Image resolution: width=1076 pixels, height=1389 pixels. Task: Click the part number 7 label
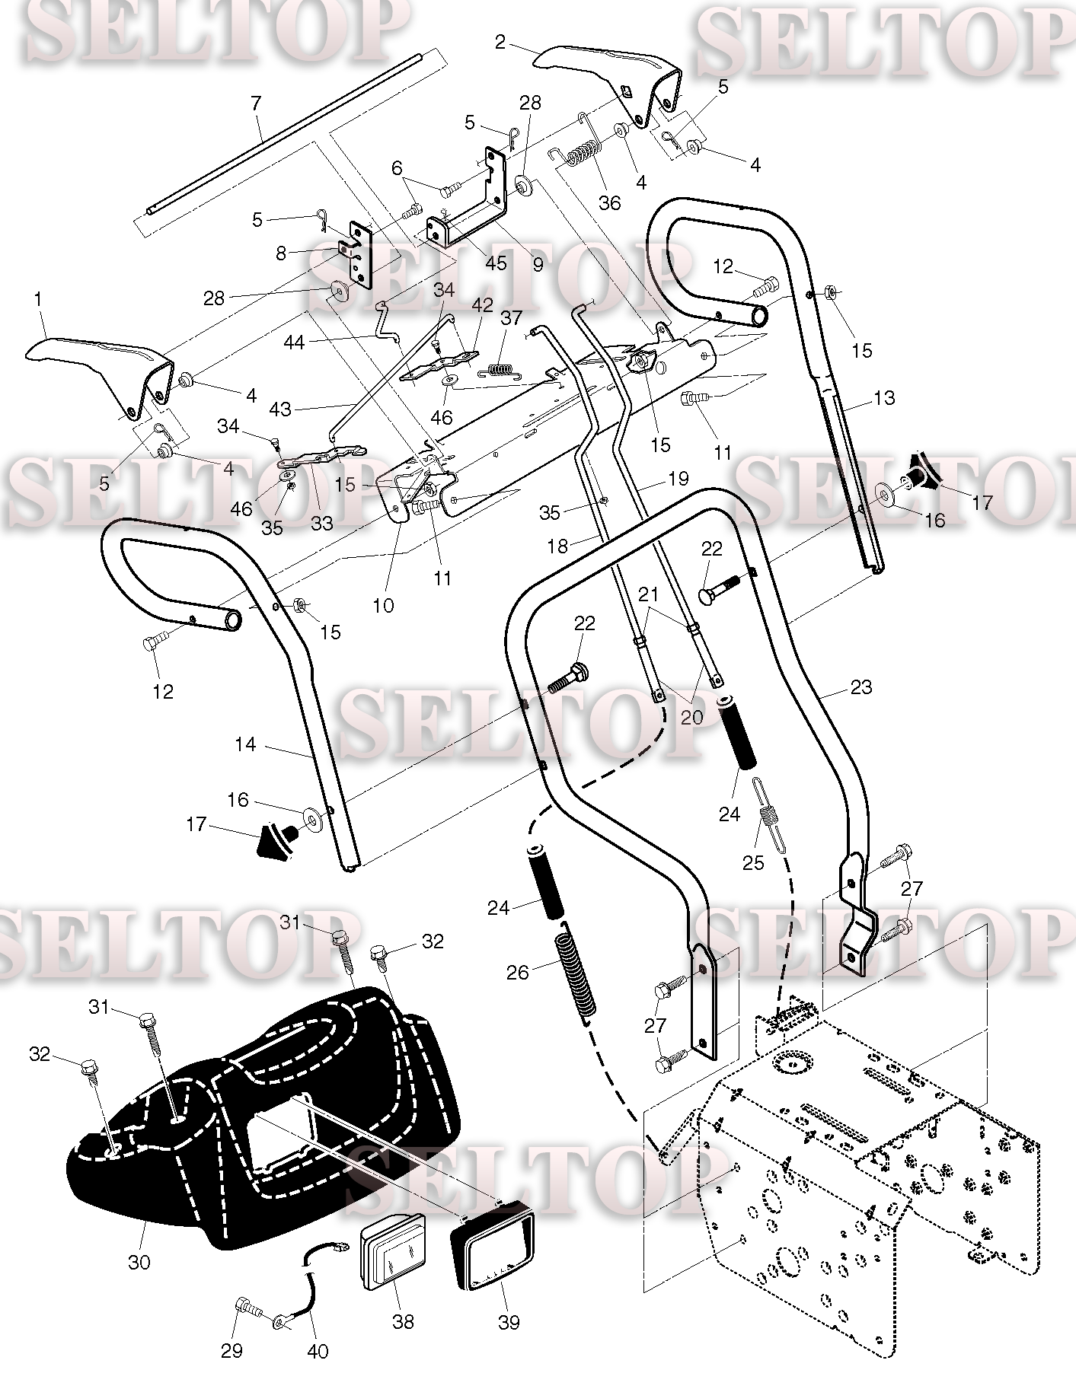[x=255, y=102]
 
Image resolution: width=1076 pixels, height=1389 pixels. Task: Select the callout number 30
[x=139, y=1262]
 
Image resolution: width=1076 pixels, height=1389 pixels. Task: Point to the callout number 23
[x=860, y=687]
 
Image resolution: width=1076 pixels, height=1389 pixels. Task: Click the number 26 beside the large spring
[x=518, y=973]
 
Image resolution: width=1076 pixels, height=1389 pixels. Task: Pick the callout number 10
[x=383, y=605]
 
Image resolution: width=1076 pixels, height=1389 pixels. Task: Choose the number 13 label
[x=883, y=398]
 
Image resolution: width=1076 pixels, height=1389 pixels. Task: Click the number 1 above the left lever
[x=38, y=300]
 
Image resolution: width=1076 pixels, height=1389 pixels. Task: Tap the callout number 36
[x=609, y=202]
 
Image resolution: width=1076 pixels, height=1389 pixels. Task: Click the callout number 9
[x=538, y=265]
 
